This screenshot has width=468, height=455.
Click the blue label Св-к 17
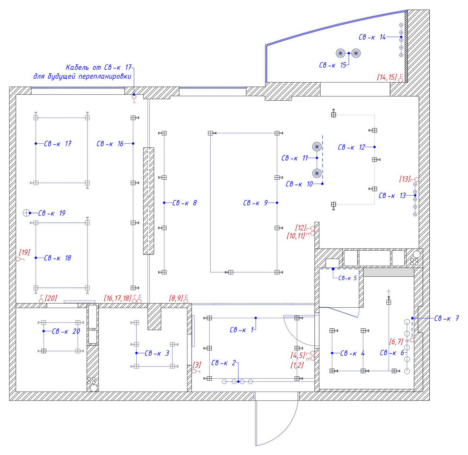pos(58,144)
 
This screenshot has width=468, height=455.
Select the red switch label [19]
pos(25,252)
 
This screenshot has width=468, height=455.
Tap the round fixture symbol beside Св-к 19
pos(26,213)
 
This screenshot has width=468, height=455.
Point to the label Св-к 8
pos(185,203)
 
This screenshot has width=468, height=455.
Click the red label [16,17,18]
pos(118,298)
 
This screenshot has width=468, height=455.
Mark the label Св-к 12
pos(352,147)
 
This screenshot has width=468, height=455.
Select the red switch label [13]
pos(405,179)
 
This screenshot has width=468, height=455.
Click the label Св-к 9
pos(255,203)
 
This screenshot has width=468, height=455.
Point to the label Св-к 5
pos(347,278)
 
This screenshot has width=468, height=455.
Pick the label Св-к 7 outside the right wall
pos(447,318)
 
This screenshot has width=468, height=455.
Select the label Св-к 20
pos(66,331)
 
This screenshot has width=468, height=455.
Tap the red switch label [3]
pos(197,365)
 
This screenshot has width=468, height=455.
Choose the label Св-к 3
pos(157,353)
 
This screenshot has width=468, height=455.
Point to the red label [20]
pos(51,298)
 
